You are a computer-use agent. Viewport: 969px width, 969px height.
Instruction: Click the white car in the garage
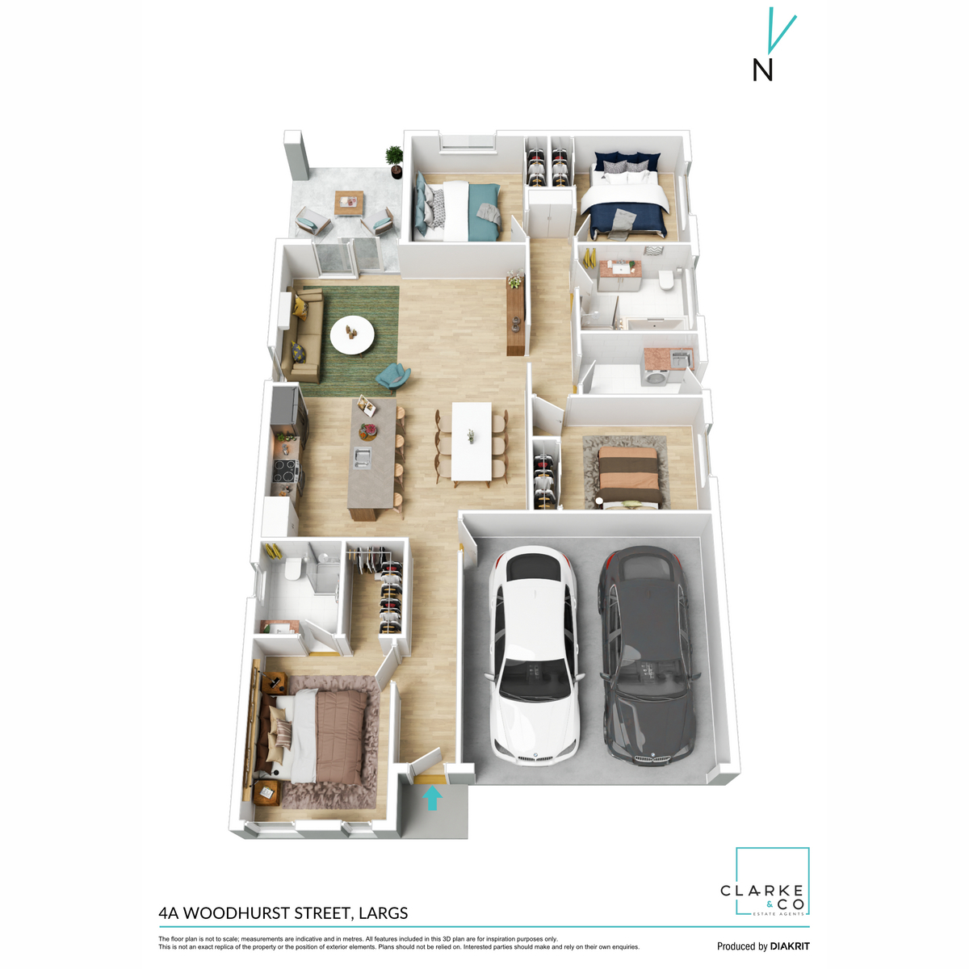533,654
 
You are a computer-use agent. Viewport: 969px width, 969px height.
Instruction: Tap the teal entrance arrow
433,798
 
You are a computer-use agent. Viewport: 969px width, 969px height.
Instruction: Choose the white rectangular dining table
471,440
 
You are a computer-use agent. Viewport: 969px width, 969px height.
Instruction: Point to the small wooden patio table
350,202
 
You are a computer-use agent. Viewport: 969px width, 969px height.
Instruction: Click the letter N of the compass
762,71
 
